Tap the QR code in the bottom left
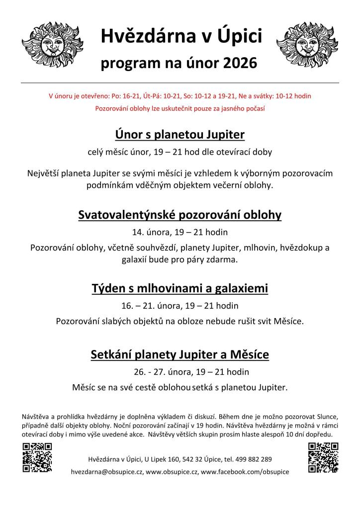37,457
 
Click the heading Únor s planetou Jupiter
180,135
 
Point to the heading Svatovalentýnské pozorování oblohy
180,215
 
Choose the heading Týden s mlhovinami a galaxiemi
180,288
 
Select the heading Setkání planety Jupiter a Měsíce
180,354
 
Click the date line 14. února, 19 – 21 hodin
180,232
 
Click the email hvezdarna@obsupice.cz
107,471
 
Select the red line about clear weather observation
180,108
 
